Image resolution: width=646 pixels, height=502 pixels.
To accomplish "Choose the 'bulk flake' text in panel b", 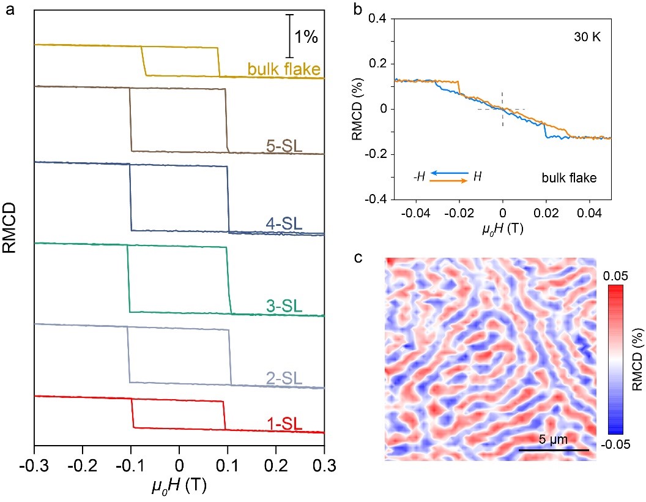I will (x=568, y=178).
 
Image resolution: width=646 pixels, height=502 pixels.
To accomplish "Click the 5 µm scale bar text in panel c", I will (x=554, y=440).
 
